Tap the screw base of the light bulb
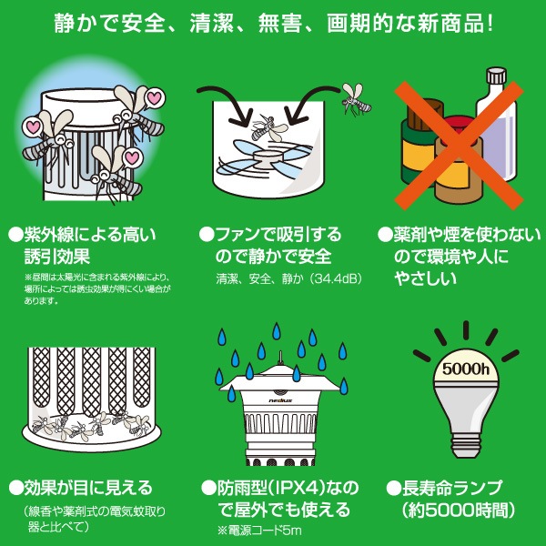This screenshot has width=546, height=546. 466,445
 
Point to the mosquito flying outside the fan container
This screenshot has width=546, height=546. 356,99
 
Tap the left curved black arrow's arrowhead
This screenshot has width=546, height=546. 241,116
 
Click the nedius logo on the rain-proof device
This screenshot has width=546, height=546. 280,400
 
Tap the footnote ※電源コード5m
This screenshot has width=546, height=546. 259,531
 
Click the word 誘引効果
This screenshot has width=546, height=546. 57,257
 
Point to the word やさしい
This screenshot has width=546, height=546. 426,278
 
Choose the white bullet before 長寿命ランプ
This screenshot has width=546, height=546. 393,488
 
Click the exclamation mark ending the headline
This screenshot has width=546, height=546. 490,24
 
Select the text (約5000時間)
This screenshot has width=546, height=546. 459,511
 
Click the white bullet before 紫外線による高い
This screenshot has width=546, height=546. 15,235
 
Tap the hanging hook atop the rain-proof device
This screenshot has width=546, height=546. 280,358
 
